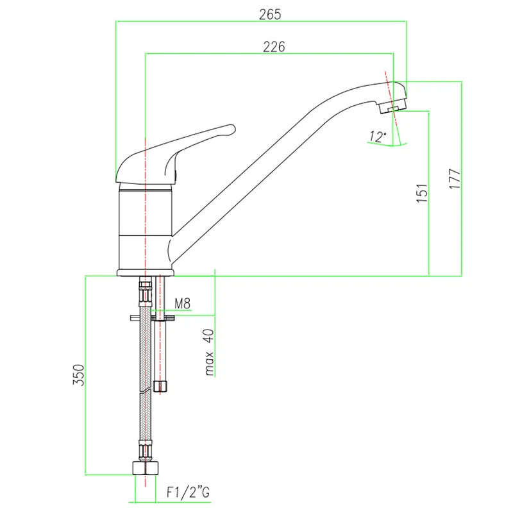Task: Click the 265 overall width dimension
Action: tap(270, 14)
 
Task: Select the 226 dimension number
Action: tap(274, 47)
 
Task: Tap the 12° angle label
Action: tap(378, 137)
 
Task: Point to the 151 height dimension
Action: tap(422, 193)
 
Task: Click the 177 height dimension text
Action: tap(455, 179)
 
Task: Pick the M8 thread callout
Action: tap(182, 303)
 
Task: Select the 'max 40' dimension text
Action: tap(209, 352)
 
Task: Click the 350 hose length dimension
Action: tap(78, 375)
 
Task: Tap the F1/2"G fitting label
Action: tap(188, 492)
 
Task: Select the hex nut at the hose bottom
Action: tap(146, 468)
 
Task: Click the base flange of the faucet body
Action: tap(146, 273)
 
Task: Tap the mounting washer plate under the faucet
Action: tap(153, 317)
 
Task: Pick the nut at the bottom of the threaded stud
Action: tap(160, 386)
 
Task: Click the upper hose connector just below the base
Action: tap(146, 291)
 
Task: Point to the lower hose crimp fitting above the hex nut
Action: tap(146, 451)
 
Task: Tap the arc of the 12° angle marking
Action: tap(388, 145)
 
